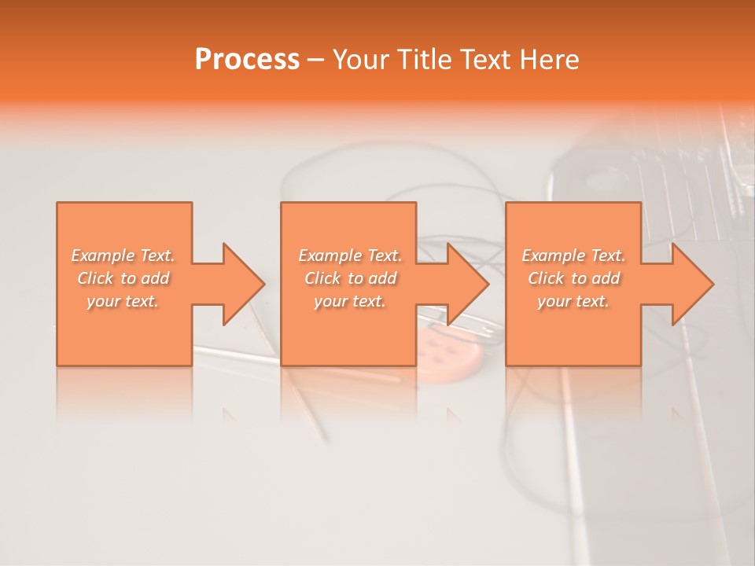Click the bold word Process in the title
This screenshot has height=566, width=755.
pyautogui.click(x=247, y=60)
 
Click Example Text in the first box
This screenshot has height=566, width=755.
pyautogui.click(x=123, y=255)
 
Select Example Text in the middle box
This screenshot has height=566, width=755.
pyautogui.click(x=350, y=255)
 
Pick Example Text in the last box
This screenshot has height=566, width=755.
pyautogui.click(x=573, y=255)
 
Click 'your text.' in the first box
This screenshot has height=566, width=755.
pyautogui.click(x=123, y=301)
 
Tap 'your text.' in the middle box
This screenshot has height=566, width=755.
pyautogui.click(x=350, y=301)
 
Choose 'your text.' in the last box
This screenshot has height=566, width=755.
pyautogui.click(x=573, y=301)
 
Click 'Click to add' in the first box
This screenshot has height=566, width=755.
pyautogui.click(x=123, y=278)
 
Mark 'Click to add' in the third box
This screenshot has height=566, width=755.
pyautogui.click(x=573, y=278)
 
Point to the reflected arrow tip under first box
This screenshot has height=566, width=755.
pyautogui.click(x=230, y=414)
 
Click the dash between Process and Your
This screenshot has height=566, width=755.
pyautogui.click(x=316, y=60)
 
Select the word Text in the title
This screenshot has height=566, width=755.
pyautogui.click(x=480, y=60)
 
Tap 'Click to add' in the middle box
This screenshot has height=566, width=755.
pyautogui.click(x=350, y=278)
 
